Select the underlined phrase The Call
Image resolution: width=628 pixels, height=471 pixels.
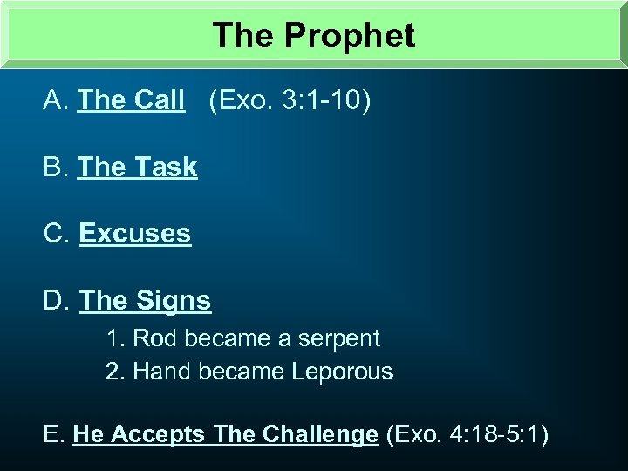(x=131, y=101)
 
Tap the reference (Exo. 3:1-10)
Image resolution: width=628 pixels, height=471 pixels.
(x=290, y=101)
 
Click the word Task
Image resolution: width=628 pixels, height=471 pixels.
(x=166, y=167)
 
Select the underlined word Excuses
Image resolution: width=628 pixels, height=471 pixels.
(x=134, y=234)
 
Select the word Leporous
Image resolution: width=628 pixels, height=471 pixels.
(x=342, y=372)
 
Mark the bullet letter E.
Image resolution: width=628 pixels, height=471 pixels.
(x=52, y=434)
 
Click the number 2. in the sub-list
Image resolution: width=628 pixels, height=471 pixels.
(x=114, y=372)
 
